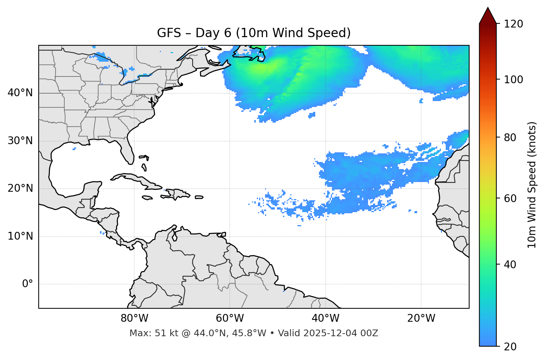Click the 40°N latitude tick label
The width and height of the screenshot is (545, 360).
[20, 93]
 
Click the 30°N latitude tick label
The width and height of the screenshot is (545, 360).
[20, 141]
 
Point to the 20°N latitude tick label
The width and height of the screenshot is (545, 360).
[20, 188]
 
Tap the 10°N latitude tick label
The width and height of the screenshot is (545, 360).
[20, 236]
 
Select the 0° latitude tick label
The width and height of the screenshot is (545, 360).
[28, 284]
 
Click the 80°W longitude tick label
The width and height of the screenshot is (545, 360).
[134, 318]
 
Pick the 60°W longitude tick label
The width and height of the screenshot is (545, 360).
[230, 318]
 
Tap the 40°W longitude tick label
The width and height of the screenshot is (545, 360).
[325, 318]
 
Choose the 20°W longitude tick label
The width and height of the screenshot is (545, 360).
[421, 318]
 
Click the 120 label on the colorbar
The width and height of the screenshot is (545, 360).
[513, 24]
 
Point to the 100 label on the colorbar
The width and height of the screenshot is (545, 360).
[513, 80]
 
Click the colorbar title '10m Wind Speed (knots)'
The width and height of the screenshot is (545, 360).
[532, 185]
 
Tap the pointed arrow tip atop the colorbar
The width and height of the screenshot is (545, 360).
[487, 9]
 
